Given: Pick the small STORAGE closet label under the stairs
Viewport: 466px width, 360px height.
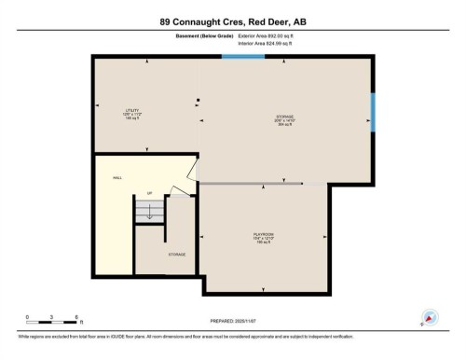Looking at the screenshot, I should tap(176, 254).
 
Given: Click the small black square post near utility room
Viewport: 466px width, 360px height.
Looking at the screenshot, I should tap(199, 100).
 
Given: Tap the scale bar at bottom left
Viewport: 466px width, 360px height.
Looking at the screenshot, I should tap(54, 320).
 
